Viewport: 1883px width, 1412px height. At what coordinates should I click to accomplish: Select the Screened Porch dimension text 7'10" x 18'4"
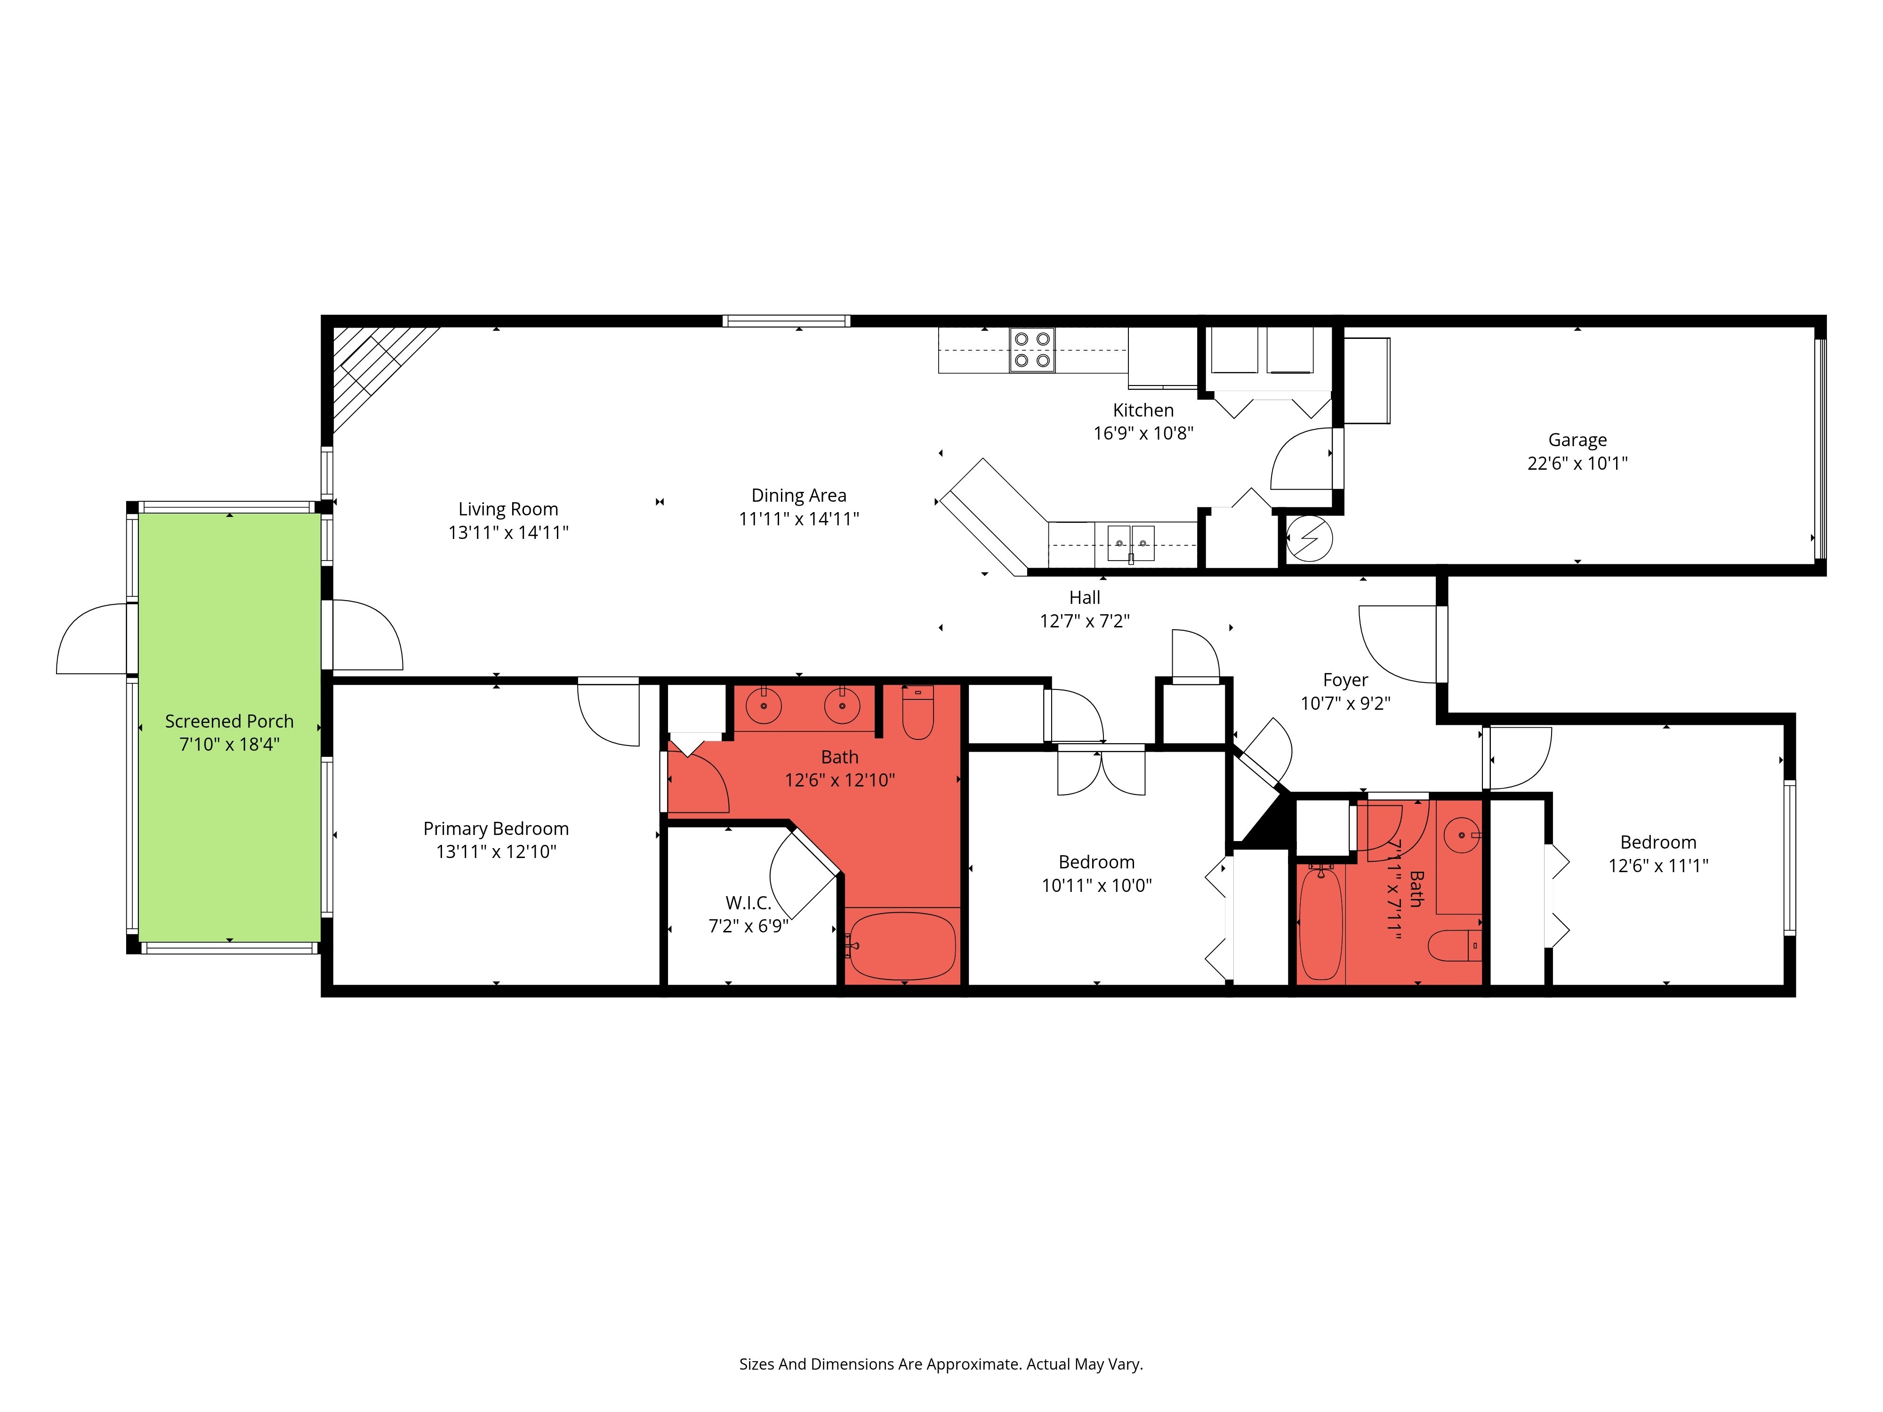pyautogui.click(x=229, y=744)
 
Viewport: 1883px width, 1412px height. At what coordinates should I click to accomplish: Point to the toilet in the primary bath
pyautogui.click(x=917, y=713)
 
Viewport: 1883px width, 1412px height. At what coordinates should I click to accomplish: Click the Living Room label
pyautogui.click(x=508, y=509)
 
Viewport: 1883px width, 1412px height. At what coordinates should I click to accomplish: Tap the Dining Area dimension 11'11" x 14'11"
pyautogui.click(x=798, y=518)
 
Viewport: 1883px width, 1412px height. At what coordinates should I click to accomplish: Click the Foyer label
pyautogui.click(x=1345, y=680)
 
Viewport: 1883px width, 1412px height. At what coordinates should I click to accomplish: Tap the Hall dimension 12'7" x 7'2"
pyautogui.click(x=1085, y=621)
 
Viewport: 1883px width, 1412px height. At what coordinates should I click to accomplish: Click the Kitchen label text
pyautogui.click(x=1143, y=410)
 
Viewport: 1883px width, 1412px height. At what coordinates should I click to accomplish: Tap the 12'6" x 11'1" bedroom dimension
pyautogui.click(x=1658, y=866)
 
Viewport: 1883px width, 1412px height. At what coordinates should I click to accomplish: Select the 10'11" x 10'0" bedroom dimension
pyautogui.click(x=1096, y=885)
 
